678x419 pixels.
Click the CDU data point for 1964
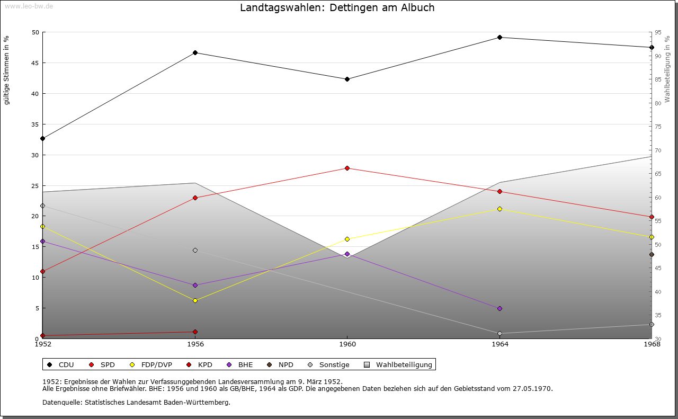[499, 37]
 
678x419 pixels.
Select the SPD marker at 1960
[347, 168]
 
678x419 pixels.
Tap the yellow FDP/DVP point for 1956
[195, 300]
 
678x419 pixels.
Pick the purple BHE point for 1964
[499, 308]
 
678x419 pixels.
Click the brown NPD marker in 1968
[652, 254]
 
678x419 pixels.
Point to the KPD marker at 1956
[195, 332]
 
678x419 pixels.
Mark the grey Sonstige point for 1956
[195, 250]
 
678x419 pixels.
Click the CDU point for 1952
[42, 138]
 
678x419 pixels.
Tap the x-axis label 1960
[347, 344]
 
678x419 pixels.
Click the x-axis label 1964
[499, 344]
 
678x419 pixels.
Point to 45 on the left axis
[35, 63]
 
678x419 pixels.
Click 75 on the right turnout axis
[658, 127]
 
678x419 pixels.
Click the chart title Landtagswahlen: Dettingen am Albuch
[337, 8]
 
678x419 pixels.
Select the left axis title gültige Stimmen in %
[7, 70]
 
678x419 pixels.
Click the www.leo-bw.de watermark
[28, 5]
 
